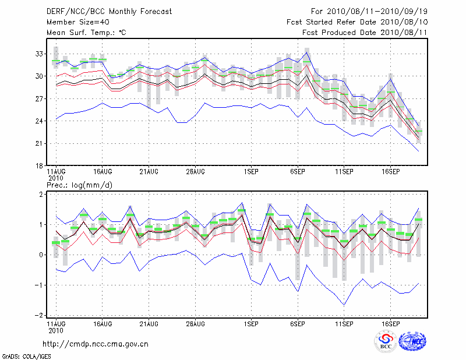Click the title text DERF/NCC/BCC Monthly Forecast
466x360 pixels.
109,11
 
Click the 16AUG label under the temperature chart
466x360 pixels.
102,172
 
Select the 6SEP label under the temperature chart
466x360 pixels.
298,172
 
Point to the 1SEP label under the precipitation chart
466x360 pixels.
251,322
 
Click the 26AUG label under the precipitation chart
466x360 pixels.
195,322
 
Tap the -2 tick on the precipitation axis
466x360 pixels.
38,316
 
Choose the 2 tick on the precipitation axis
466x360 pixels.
40,194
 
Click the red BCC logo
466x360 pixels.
386,342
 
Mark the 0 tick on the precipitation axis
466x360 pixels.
40,255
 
